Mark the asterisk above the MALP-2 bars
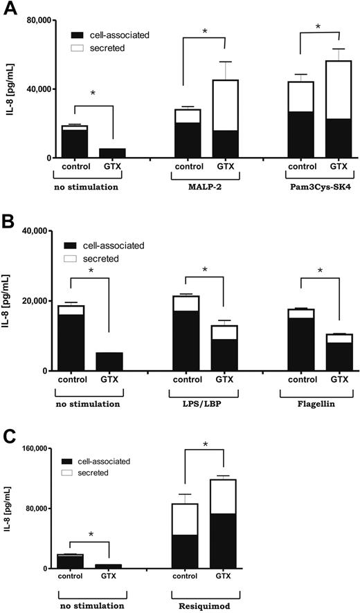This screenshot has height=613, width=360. (x=206, y=32)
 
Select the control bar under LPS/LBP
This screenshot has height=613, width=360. (x=186, y=333)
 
